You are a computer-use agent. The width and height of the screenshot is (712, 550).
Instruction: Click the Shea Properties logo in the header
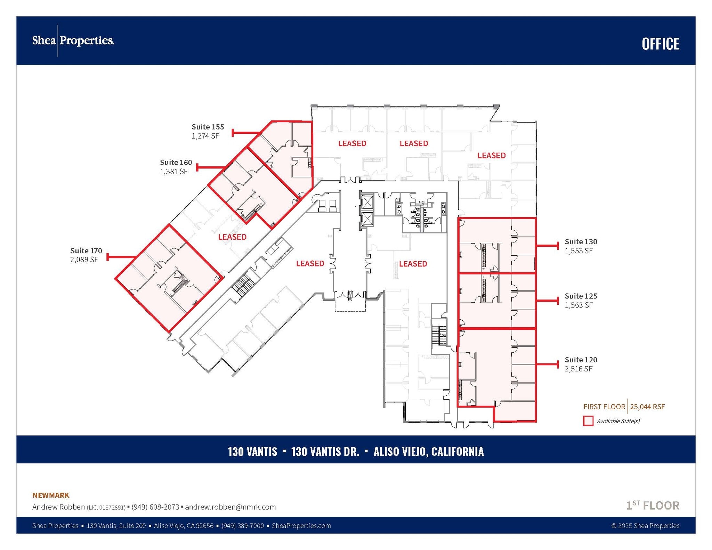pos(73,41)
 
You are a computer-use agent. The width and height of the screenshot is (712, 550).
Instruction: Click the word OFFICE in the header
pos(660,44)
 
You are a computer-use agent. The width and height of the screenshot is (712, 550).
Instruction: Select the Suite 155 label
pos(208,127)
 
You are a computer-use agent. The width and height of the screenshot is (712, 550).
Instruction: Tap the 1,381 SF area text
pos(173,171)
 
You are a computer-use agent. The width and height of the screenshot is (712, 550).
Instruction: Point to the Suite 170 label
pos(86,251)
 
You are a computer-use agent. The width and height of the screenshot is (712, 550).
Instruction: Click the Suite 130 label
pos(581,241)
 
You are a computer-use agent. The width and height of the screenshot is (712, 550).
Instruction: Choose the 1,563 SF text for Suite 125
pos(578,305)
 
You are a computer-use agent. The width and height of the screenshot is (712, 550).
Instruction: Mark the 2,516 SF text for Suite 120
pos(578,369)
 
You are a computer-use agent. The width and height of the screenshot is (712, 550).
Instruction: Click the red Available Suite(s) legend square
pos(588,421)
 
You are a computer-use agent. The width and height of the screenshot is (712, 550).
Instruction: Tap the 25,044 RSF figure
pos(647,407)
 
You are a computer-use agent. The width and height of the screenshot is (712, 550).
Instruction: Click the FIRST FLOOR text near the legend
pos(604,407)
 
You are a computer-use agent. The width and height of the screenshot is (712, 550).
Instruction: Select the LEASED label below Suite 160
pos(232,237)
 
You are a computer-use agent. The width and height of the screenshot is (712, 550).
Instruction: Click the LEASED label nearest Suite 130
pos(413,264)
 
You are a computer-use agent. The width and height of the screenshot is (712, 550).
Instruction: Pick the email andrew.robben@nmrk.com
pos(230,507)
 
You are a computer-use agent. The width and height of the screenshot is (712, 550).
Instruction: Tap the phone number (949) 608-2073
pos(155,507)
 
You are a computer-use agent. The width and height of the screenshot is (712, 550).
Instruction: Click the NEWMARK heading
pos(51,495)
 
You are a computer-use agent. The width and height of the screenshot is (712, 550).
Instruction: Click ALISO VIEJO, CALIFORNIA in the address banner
pos(428,451)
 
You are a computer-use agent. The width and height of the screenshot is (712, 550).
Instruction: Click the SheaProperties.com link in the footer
pos(301,526)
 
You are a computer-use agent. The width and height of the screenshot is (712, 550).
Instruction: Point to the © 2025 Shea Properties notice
pos(645,526)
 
